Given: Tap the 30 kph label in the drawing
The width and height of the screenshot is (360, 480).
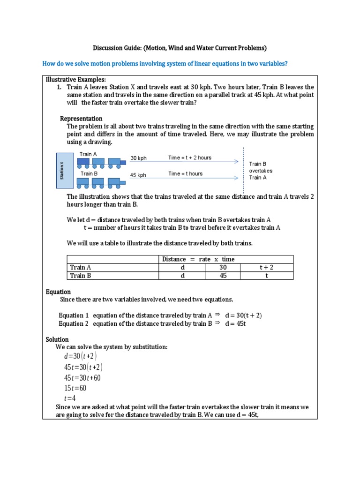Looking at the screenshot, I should point(138,158).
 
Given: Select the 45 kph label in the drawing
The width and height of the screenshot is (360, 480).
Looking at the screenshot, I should point(138,175).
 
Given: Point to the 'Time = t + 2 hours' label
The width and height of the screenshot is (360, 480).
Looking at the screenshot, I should point(189,158).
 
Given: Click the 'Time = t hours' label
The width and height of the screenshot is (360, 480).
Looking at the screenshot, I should point(185,174).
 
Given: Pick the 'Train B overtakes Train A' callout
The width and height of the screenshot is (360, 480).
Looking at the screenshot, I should point(260,171).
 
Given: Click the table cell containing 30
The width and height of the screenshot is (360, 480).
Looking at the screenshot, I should point(223,267).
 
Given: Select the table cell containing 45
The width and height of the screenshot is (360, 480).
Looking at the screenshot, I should point(223,276).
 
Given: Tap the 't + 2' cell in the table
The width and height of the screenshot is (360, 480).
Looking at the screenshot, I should point(266,267).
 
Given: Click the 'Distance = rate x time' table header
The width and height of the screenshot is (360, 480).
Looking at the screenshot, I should point(198,259).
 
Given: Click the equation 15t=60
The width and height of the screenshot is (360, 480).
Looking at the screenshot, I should point(75,388).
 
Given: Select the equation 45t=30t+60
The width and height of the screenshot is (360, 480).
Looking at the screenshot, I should point(82,378).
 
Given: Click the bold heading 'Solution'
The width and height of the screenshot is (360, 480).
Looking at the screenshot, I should point(57,339).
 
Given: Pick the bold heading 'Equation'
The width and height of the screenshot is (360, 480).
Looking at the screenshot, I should point(58,292).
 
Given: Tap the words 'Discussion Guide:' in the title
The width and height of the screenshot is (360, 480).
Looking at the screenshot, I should point(116,48).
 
